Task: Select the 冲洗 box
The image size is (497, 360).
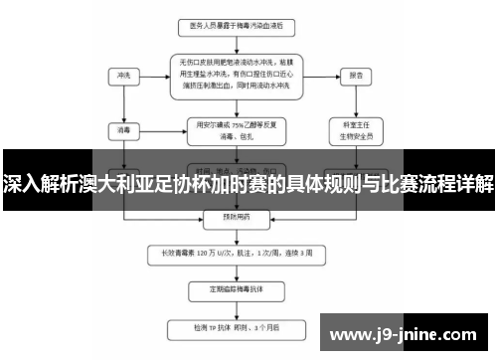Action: (x=123, y=74)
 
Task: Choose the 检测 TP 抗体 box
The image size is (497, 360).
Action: (x=236, y=327)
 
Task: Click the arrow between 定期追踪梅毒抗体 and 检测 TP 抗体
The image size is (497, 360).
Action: (x=236, y=308)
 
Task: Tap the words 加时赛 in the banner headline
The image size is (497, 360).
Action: (x=245, y=186)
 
